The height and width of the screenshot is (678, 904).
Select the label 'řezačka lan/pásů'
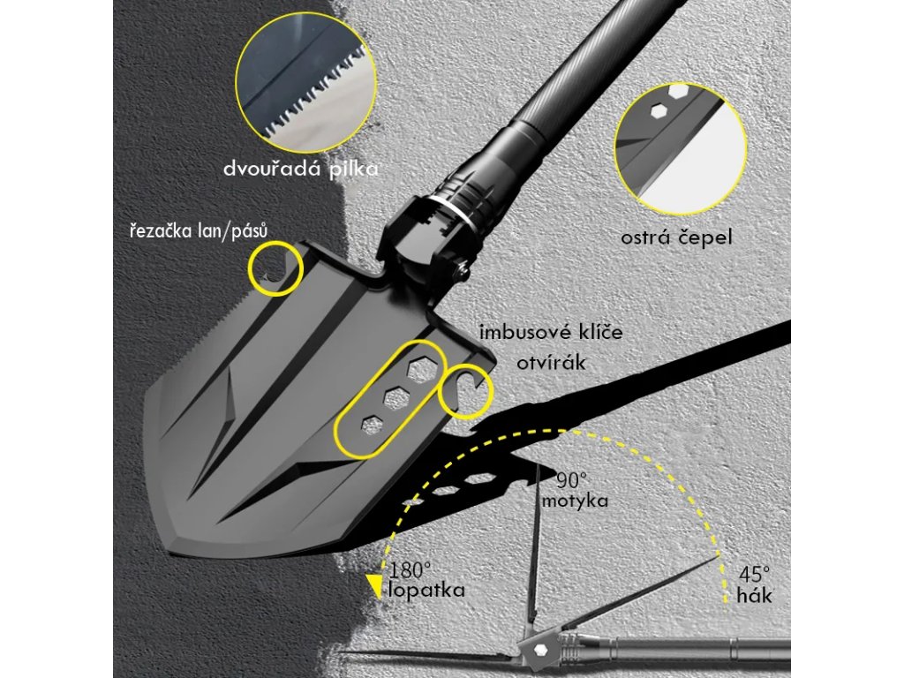(x=195, y=230)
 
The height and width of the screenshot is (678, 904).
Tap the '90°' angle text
(x=572, y=480)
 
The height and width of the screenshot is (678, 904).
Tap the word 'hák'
(x=755, y=596)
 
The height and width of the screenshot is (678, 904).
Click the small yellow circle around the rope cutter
(x=275, y=268)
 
